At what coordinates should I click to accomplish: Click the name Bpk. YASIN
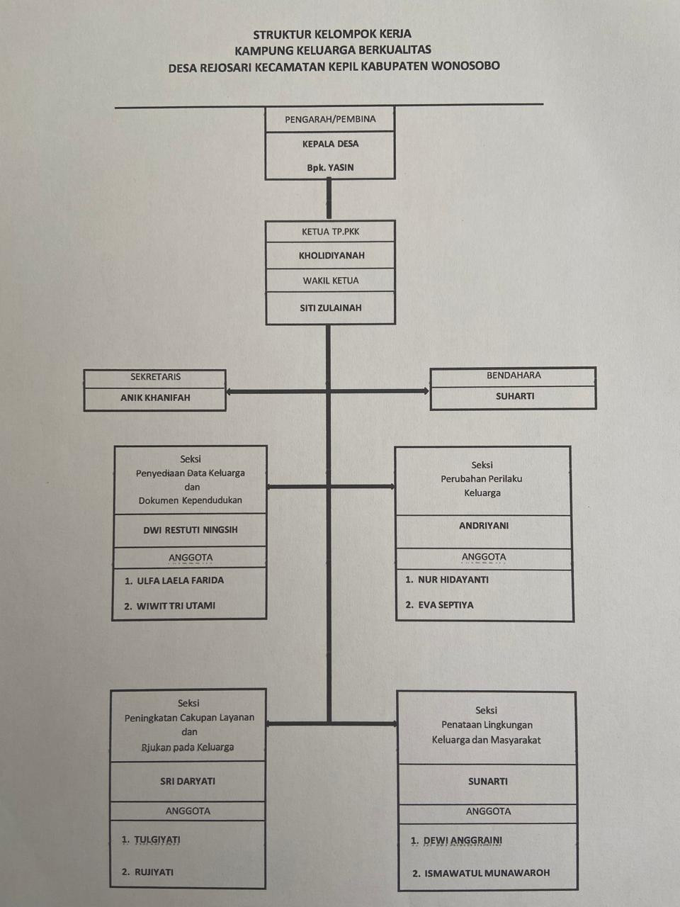[x=330, y=168]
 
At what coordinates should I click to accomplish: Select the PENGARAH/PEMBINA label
[x=330, y=119]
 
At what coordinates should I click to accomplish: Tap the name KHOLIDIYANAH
[x=331, y=255]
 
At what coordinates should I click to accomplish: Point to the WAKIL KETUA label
[x=331, y=281]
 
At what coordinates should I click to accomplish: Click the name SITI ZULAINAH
[x=331, y=308]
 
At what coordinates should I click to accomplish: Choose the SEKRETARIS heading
[x=155, y=377]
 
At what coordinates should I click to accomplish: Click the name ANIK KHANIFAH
[x=155, y=398]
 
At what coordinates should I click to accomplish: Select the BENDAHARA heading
[x=514, y=376]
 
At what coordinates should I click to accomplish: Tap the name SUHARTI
[x=515, y=396]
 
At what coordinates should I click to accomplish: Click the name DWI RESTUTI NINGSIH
[x=190, y=530]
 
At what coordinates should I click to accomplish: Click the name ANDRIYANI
[x=484, y=526]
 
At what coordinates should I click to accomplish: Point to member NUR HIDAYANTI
[x=453, y=580]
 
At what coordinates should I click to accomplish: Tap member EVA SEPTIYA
[x=446, y=605]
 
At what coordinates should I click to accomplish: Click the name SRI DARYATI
[x=188, y=782]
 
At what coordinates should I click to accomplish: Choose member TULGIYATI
[x=157, y=840]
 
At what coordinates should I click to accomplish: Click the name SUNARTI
[x=488, y=782]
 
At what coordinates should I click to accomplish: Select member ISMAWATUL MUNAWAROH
[x=487, y=873]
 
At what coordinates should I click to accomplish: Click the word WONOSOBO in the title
[x=465, y=66]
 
